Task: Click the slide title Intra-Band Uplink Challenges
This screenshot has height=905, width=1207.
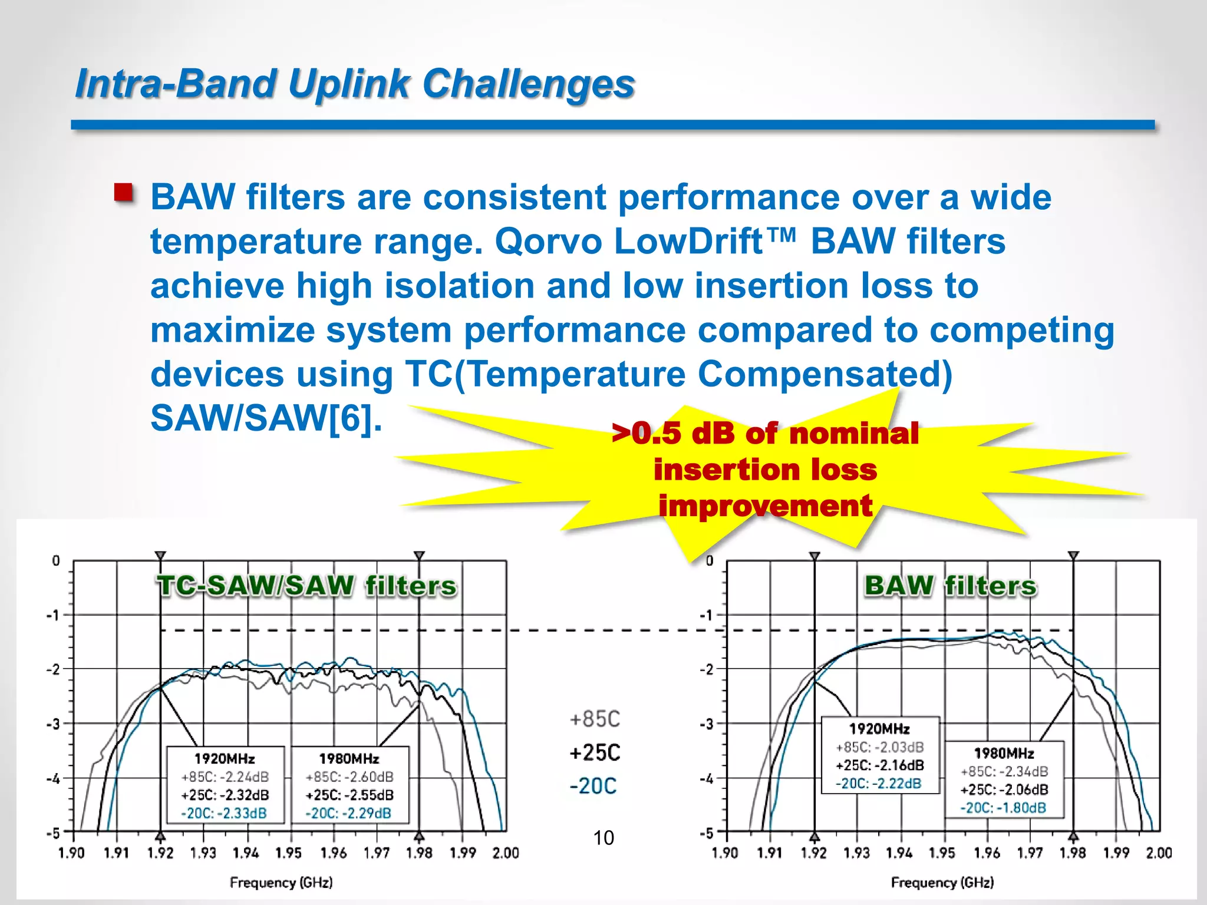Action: click(x=355, y=84)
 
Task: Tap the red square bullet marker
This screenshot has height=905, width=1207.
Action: click(x=123, y=193)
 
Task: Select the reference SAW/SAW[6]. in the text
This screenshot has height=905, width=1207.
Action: click(x=266, y=418)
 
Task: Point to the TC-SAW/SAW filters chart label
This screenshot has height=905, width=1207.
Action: click(x=306, y=586)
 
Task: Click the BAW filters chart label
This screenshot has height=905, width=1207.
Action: click(x=950, y=586)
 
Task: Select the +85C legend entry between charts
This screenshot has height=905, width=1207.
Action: click(x=595, y=719)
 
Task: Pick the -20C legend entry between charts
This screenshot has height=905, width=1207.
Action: click(x=593, y=786)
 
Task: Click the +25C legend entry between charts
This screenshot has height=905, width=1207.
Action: click(x=595, y=753)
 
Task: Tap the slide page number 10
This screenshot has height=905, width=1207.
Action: click(x=603, y=838)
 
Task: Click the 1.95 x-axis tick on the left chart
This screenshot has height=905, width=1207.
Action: click(x=289, y=853)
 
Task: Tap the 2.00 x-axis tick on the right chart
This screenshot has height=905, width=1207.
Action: click(x=1159, y=853)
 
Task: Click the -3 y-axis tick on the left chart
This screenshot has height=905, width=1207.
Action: click(x=54, y=724)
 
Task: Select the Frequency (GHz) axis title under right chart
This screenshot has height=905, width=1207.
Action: click(x=942, y=883)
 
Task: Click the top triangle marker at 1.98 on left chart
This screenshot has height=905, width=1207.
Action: click(x=419, y=556)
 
